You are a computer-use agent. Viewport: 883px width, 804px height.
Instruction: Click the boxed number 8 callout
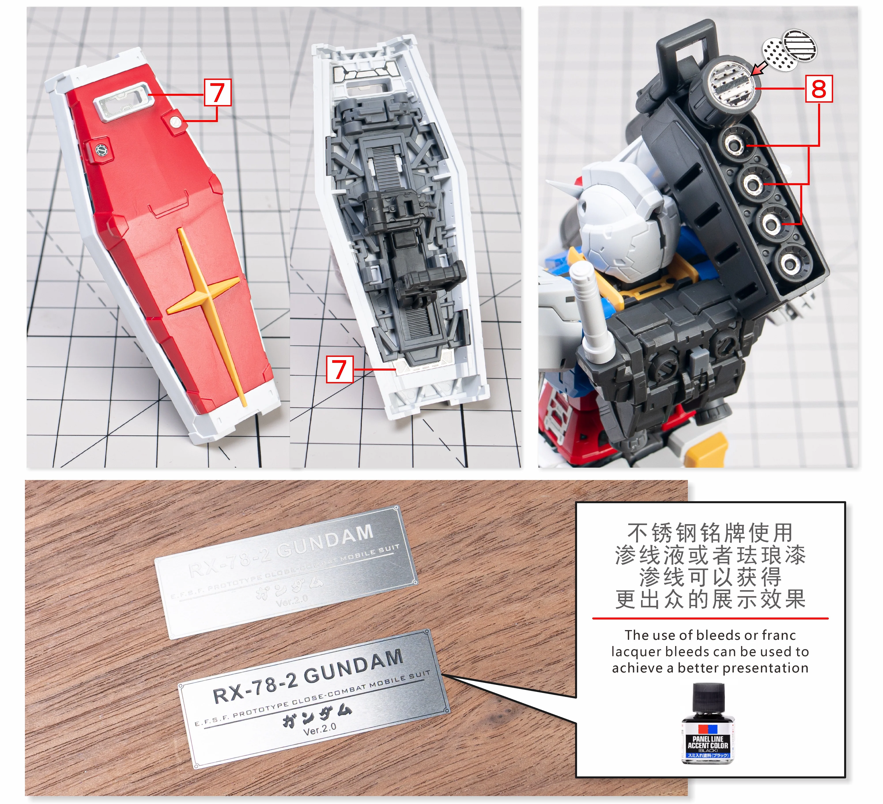pyautogui.click(x=819, y=89)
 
